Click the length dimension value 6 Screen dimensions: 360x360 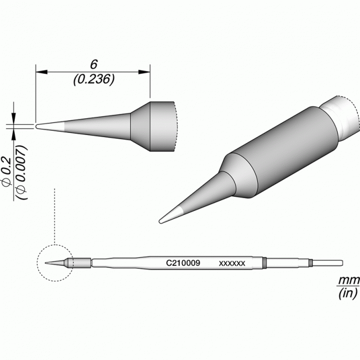pos(94,65)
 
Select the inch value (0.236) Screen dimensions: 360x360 pos(94,79)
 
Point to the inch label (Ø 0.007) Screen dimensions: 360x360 pos(22,173)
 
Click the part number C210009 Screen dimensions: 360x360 pos(183,263)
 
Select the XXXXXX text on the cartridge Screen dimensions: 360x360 pos(232,263)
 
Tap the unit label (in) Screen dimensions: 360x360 pos(348,293)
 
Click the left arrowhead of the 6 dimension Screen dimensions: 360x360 pos(41,72)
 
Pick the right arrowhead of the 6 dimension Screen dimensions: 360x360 pos(144,72)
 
